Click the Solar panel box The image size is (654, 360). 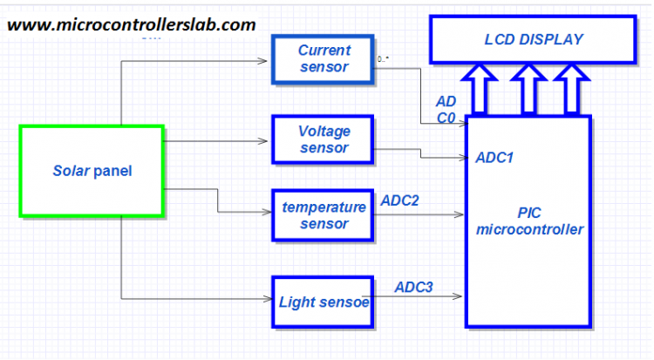tap(92, 171)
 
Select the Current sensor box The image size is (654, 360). tap(324, 59)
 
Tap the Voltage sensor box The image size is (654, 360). tap(324, 139)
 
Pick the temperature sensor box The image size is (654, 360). tap(324, 215)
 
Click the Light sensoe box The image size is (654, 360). tap(324, 302)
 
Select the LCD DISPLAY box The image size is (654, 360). tap(533, 39)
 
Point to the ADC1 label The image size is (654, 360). tap(494, 159)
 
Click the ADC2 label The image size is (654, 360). tap(400, 200)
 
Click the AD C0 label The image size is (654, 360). tap(446, 109)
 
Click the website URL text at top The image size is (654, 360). tap(132, 24)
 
